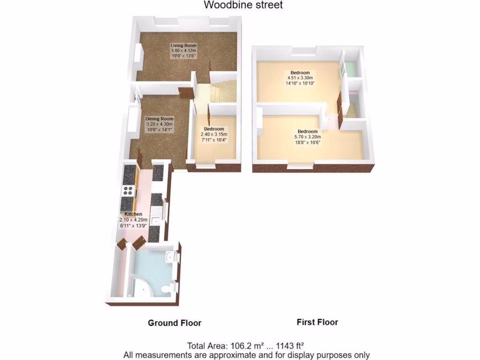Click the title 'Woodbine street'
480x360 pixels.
tap(243, 5)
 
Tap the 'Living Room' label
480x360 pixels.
tap(183, 45)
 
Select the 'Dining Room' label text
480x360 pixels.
tap(159, 119)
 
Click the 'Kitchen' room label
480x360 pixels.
tap(133, 214)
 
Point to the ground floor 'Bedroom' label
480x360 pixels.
tap(214, 129)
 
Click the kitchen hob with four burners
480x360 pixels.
tap(127, 190)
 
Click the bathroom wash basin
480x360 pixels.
tap(170, 257)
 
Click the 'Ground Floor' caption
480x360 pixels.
tap(174, 323)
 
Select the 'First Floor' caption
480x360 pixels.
tap(317, 322)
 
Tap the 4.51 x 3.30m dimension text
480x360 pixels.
tap(300, 78)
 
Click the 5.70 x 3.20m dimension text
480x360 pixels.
tap(307, 137)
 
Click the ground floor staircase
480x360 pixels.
tap(220, 92)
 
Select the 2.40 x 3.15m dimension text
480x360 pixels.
tap(214, 134)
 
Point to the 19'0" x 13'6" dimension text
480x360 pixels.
tap(183, 55)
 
